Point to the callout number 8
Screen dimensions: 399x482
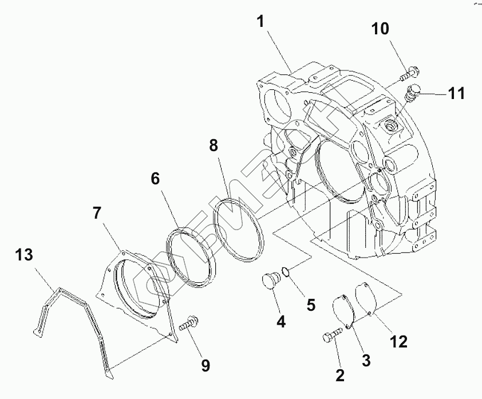tap(213, 145)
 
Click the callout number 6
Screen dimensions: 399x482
tap(155, 179)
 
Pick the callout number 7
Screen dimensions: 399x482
tap(97, 214)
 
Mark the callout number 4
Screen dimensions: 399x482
tap(281, 322)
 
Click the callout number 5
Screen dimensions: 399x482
tap(311, 304)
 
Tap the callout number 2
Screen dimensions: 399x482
tap(339, 376)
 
